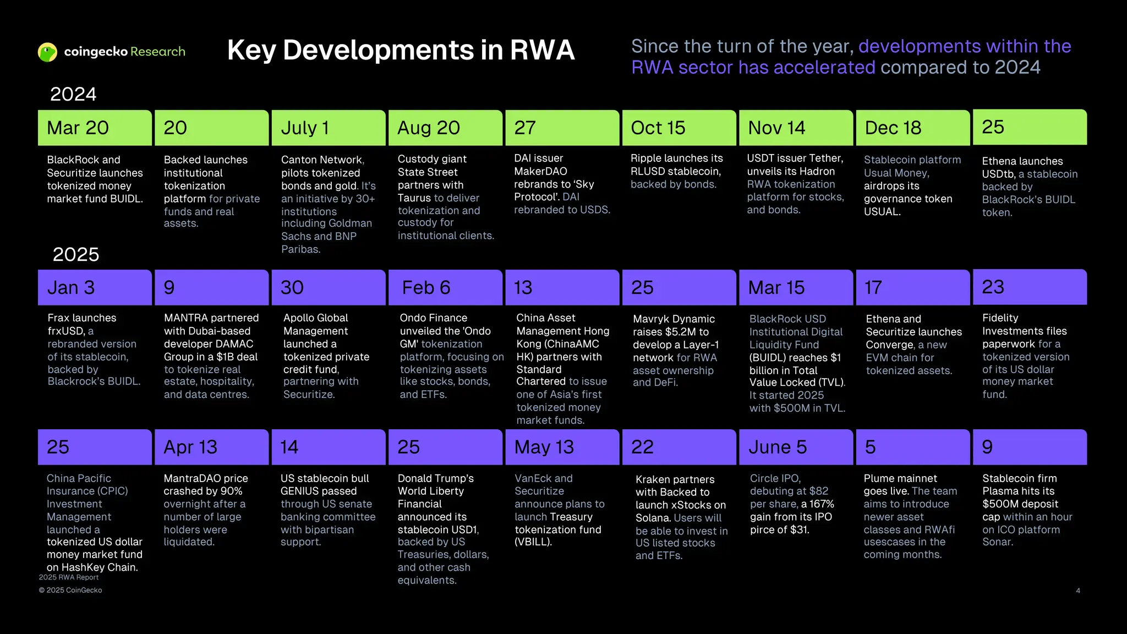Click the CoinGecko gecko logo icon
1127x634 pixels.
pos(47,52)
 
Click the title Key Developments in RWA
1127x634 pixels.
pos(401,50)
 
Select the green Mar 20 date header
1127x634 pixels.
pos(95,128)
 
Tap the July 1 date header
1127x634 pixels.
pos(329,128)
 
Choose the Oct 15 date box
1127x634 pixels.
pos(679,128)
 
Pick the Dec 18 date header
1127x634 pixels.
pos(913,128)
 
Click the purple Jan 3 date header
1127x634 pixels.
pos(95,287)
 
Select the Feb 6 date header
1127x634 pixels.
pos(445,287)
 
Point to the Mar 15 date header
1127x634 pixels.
pos(796,287)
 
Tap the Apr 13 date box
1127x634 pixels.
pos(212,447)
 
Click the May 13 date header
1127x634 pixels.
pos(562,447)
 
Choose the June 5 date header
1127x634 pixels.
pos(796,447)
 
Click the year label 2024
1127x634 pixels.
pos(73,94)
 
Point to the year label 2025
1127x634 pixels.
pos(76,254)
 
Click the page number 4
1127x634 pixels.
pos(1078,591)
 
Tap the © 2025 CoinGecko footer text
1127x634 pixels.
pos(70,590)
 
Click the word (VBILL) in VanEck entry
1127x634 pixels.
pos(533,542)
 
